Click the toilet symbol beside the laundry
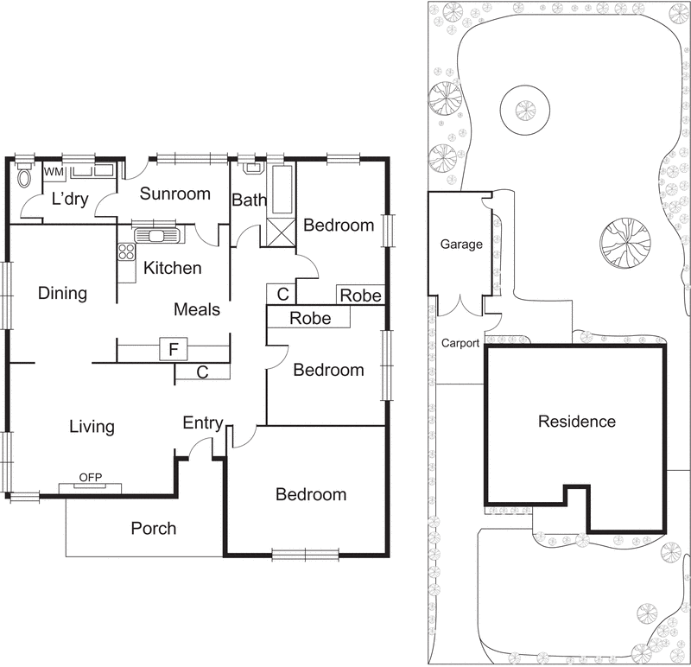coord(25,177)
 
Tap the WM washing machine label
coord(53,172)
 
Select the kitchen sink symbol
coord(156,235)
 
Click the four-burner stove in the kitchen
coord(127,252)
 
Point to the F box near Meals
coord(173,350)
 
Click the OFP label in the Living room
coord(90,478)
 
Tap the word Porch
coord(154,528)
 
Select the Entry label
coord(203,423)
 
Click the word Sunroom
coord(175,194)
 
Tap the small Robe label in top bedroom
coord(360,295)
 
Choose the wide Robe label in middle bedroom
coord(310,318)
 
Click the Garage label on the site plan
coord(461,245)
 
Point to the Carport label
coord(460,343)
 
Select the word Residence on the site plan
coord(576,422)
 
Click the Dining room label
coord(63,293)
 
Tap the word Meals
coord(197,309)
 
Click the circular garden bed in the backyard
coord(524,110)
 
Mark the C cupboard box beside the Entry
coord(202,372)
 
